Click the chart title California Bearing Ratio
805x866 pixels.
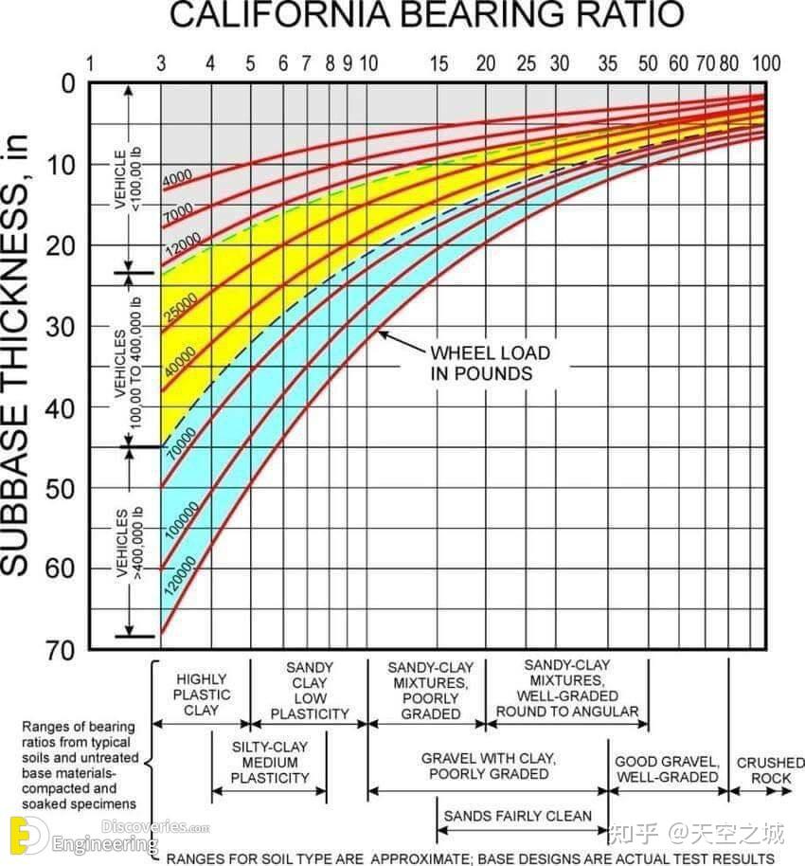point(426,16)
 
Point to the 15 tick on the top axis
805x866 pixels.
point(439,63)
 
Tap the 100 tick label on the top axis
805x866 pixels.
point(766,63)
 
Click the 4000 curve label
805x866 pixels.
point(177,177)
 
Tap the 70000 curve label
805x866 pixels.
point(180,442)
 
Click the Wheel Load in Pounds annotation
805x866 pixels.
point(490,363)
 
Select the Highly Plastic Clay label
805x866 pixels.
point(201,695)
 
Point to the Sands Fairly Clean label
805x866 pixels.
point(517,816)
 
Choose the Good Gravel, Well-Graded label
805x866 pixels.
point(667,769)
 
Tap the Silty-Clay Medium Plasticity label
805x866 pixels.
point(270,763)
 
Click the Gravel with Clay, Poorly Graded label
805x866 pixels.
point(489,767)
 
